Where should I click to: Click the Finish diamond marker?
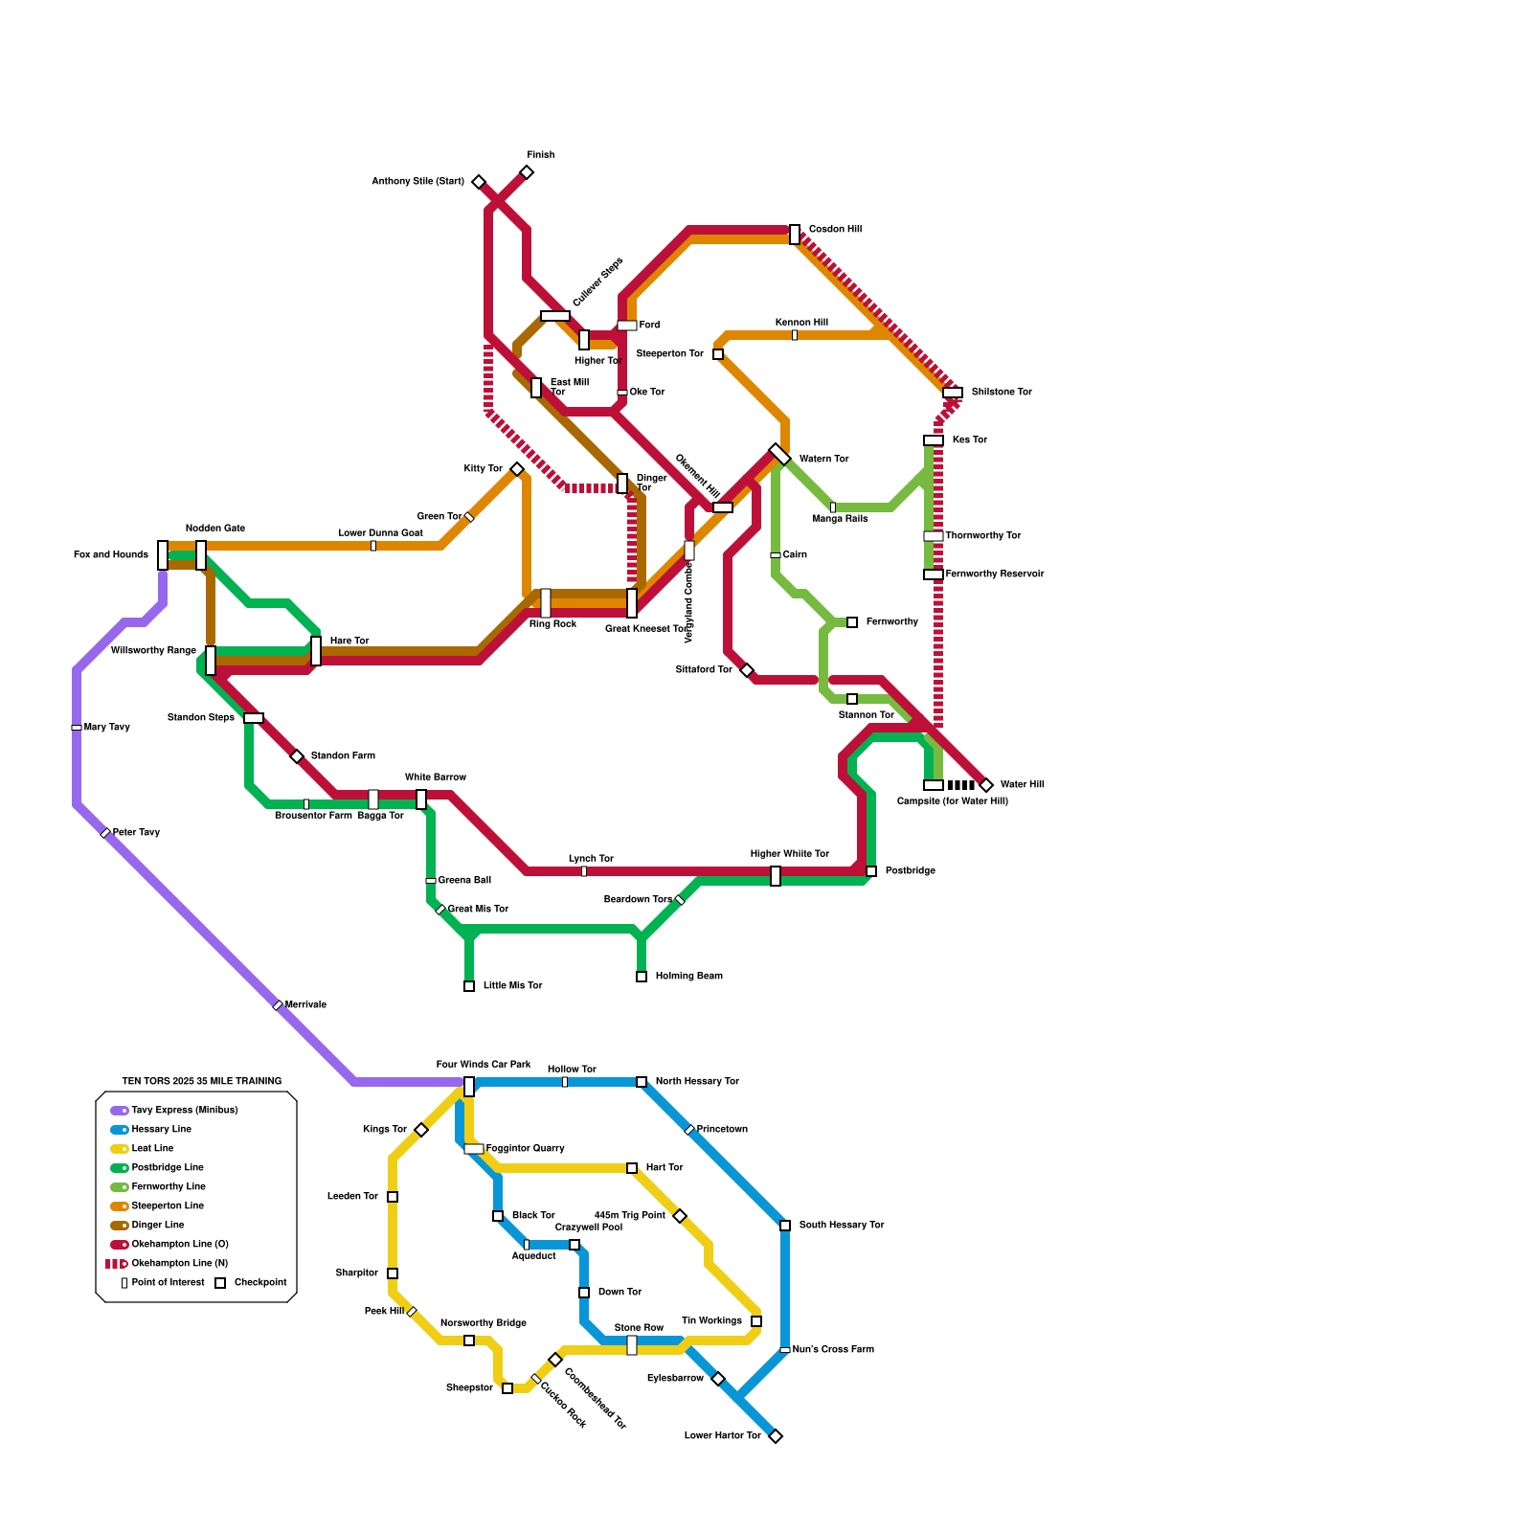527,172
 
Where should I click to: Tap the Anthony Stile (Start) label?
417,182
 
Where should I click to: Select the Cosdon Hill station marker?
795,235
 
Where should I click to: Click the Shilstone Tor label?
1002,393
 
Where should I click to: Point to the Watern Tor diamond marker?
779,454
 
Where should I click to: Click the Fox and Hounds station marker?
163,555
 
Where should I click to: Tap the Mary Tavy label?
106,728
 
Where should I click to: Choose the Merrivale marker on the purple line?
278,1005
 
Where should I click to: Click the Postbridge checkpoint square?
871,871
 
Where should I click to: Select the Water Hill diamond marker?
986,785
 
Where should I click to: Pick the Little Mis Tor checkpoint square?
469,986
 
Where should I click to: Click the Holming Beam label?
688,977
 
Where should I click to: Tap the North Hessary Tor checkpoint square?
642,1082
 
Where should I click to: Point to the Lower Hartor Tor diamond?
776,1436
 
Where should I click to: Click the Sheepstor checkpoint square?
507,1388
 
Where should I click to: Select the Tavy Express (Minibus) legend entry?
184,1111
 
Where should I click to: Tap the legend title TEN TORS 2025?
201,1082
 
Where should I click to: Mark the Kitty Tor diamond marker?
517,469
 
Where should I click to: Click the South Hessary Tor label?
842,1226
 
